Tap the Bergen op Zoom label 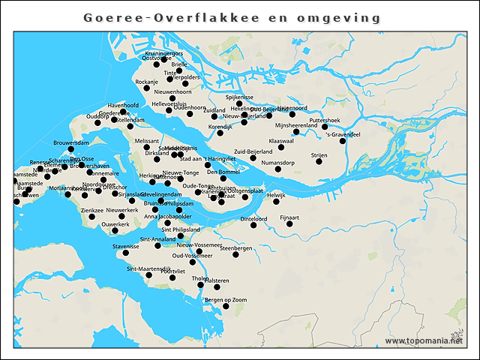point(226,300)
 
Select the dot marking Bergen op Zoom point(226,306)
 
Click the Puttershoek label point(325,120)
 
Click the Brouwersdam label point(72,142)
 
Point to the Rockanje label point(147,82)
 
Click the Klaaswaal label point(280,140)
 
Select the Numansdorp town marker point(278,169)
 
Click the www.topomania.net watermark point(424,340)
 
